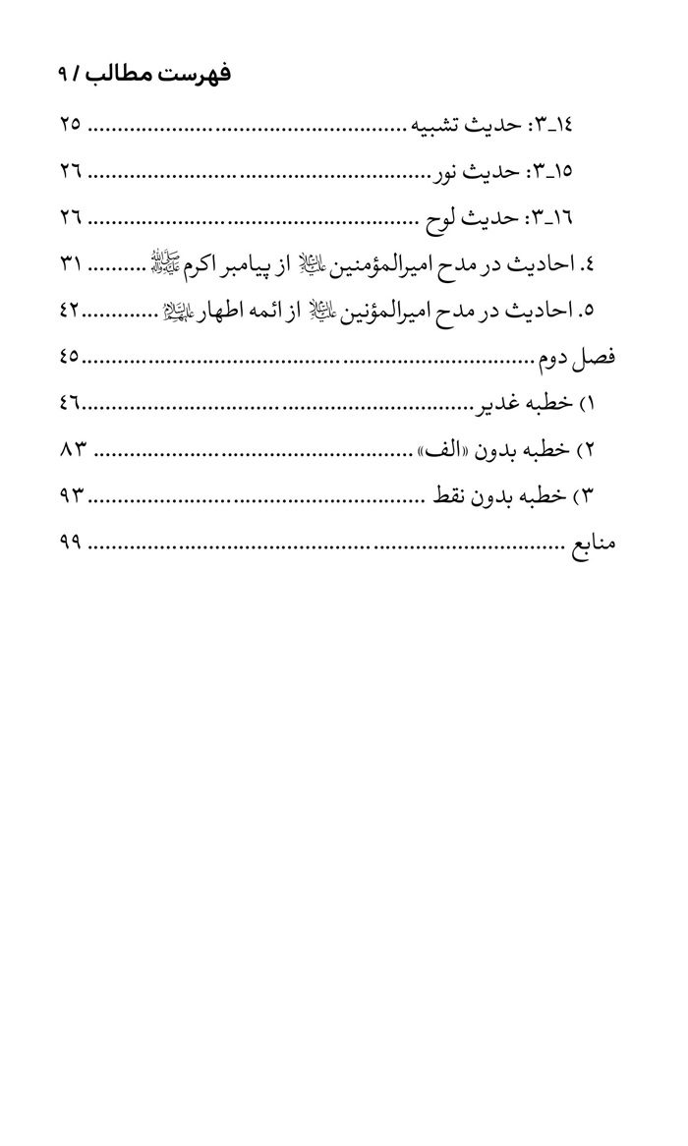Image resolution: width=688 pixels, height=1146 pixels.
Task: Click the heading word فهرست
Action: (198, 76)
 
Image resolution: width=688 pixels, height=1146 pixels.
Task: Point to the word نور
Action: (447, 172)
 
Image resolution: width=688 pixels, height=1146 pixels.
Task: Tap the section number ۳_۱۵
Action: (552, 172)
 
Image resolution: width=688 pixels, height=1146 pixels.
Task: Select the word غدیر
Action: (499, 404)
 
